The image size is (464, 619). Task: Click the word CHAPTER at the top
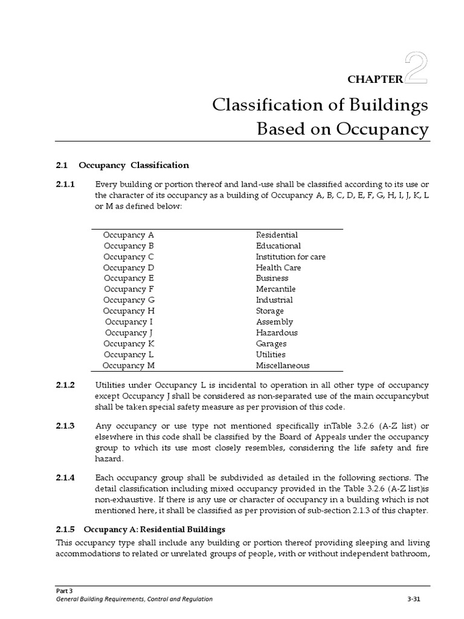tap(375, 78)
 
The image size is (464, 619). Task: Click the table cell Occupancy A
tap(129, 235)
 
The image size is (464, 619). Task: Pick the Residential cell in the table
tap(277, 235)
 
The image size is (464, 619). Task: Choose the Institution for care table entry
tap(291, 257)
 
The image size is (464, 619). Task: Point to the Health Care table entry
tap(278, 268)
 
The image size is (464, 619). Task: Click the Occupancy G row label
tap(129, 300)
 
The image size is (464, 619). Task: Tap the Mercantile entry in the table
tap(275, 290)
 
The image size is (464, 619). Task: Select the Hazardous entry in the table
tap(277, 333)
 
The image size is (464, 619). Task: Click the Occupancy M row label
tap(129, 366)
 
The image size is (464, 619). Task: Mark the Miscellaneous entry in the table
tap(282, 366)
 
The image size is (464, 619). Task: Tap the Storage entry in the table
tap(269, 311)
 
